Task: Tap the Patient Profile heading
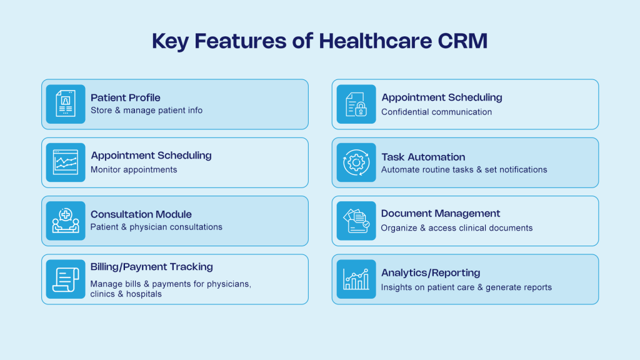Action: point(125,97)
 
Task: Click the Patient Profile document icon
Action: point(66,104)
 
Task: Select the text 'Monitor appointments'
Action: point(134,169)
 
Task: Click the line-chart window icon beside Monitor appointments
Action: point(66,162)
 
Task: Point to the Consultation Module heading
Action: point(141,214)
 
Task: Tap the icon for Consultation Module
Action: point(66,221)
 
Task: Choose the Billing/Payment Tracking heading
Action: point(151,267)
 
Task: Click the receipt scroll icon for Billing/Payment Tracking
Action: point(66,279)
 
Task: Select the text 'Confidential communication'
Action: point(436,112)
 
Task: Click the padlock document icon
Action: point(356,104)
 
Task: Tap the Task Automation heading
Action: point(423,157)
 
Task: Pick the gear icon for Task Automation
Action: point(356,162)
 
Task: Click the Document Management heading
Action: point(441,214)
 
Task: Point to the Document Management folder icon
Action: point(356,221)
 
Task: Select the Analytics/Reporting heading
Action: point(430,272)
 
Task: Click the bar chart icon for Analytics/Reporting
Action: point(356,279)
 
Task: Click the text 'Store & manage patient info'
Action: point(146,111)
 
